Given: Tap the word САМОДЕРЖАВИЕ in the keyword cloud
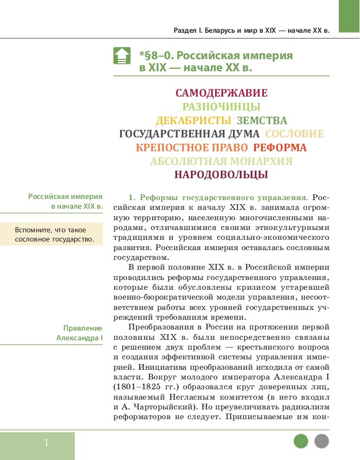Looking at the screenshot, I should pyautogui.click(x=221, y=93).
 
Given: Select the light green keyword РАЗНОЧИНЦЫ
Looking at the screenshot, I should pyautogui.click(x=221, y=106).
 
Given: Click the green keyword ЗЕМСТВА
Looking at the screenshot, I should pyautogui.click(x=262, y=121).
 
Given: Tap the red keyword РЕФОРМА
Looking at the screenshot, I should pyautogui.click(x=280, y=148).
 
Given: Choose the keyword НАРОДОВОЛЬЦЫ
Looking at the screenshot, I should pyautogui.click(x=221, y=175).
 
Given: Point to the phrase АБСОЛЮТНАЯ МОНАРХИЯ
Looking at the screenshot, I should pyautogui.click(x=221, y=162).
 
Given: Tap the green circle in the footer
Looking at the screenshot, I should pyautogui.click(x=301, y=442).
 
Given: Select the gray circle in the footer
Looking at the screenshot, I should pyautogui.click(x=321, y=442).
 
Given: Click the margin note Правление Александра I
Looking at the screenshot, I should pyautogui.click(x=79, y=333).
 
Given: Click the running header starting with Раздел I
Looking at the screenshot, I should pyautogui.click(x=251, y=30).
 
